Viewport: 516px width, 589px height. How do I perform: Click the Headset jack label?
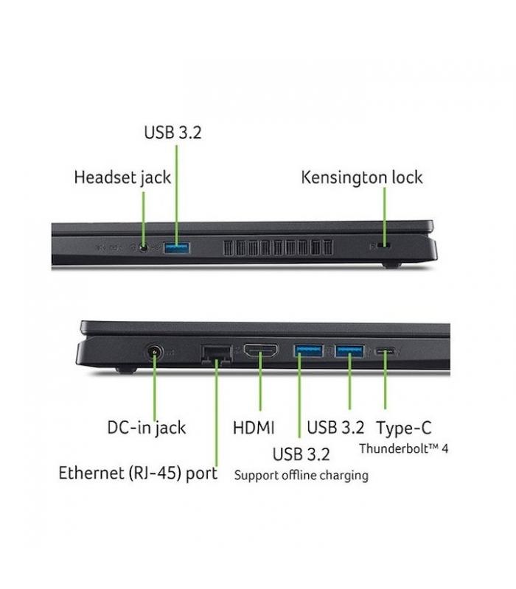122,177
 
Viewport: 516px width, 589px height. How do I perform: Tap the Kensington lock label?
362,177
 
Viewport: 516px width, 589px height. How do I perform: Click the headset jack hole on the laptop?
143,247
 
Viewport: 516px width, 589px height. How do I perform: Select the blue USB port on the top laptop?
177,248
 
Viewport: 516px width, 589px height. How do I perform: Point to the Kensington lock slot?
383,246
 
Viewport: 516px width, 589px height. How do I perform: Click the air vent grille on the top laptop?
278,247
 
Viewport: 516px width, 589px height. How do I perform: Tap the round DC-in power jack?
155,353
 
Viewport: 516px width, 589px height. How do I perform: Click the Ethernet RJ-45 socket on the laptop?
217,354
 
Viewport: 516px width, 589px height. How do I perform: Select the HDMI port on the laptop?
261,350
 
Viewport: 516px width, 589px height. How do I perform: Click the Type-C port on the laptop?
385,352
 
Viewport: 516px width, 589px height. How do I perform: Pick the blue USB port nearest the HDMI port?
308,350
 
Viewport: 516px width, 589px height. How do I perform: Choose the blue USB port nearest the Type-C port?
349,351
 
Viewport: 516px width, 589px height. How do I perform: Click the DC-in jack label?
146,428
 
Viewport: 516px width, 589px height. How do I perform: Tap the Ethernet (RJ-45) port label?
138,473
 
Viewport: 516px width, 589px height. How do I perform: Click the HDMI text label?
254,428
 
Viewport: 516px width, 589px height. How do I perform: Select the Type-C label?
403,428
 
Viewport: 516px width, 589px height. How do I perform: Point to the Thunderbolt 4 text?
403,448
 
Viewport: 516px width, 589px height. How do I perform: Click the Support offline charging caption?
301,476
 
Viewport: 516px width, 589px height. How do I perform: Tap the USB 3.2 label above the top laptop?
172,133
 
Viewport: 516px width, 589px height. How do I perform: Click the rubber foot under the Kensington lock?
391,265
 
